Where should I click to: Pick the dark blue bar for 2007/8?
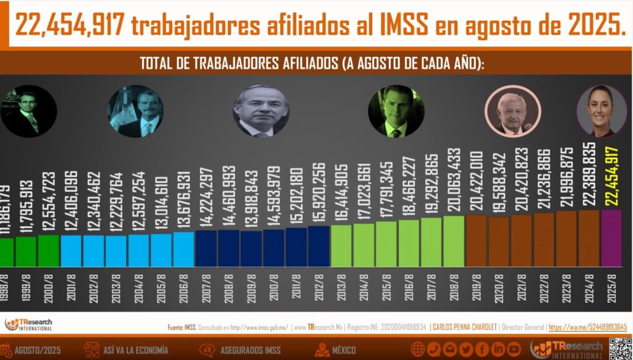click(206, 248)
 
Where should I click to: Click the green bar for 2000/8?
click(49, 251)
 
